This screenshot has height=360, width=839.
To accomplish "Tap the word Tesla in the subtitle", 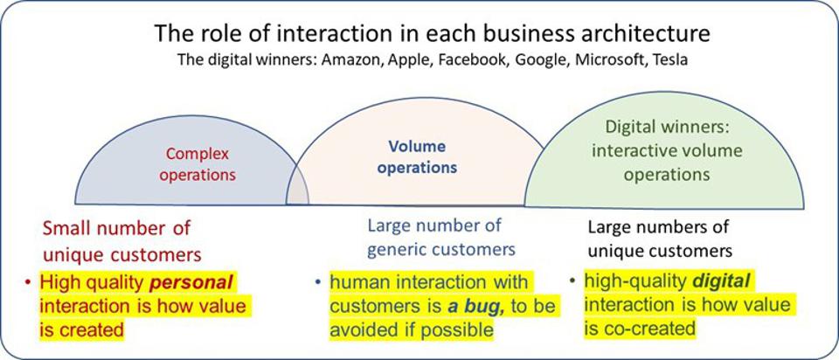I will (671, 62).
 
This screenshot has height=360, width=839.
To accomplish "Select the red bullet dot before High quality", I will (29, 283).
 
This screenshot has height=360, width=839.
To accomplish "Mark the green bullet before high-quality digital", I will (572, 281).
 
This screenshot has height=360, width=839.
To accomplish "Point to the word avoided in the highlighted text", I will (359, 329).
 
